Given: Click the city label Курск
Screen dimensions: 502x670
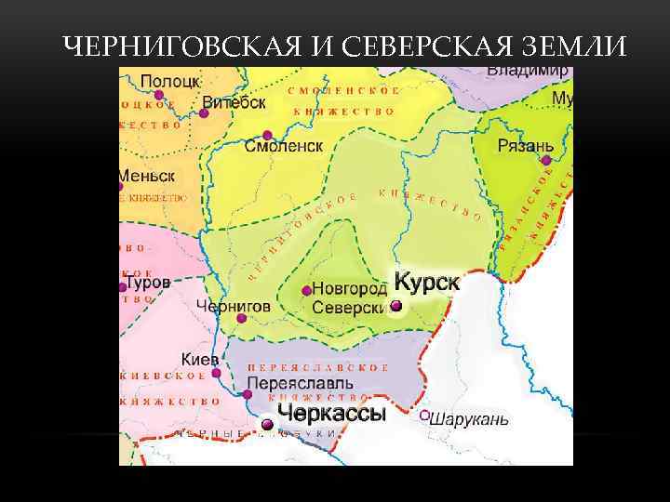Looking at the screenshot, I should [427, 281].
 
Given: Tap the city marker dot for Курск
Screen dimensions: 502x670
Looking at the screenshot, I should [396, 306].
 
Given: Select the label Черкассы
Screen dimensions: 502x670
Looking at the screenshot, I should [331, 414].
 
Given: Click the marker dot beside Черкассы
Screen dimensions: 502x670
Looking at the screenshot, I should [267, 425].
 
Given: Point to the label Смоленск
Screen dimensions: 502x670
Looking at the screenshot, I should [284, 147].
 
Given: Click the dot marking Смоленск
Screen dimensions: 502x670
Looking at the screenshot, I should [268, 135].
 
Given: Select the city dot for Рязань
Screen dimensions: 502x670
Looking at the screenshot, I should [546, 160].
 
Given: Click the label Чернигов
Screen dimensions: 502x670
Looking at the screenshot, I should [234, 305].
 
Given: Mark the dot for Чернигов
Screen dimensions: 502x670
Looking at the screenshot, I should [242, 318].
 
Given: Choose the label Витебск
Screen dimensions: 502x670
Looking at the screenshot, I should [234, 102].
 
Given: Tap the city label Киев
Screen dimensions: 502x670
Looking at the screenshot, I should [200, 359].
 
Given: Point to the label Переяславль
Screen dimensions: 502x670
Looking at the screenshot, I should [300, 383].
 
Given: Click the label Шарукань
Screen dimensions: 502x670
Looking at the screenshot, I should [470, 419].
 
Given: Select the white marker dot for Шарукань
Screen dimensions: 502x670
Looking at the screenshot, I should [424, 416].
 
